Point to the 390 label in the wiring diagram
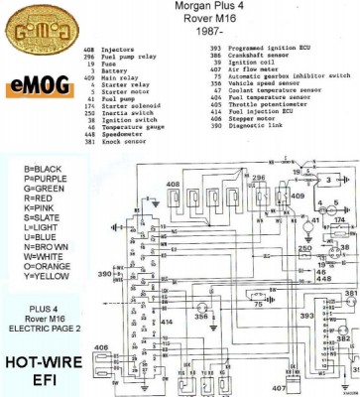tap(104, 271)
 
